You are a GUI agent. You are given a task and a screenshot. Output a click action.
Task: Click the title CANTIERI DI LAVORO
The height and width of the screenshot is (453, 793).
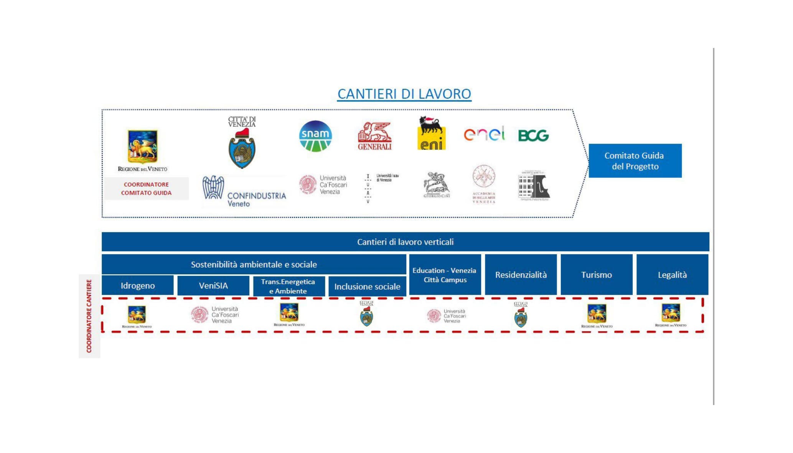pos(404,94)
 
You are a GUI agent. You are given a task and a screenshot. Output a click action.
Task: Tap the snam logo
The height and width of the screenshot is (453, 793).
pos(315,136)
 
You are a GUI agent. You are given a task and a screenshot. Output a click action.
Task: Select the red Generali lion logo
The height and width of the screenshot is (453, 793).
pos(374,136)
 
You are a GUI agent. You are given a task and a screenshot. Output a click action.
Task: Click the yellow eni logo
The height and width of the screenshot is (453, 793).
pos(432,133)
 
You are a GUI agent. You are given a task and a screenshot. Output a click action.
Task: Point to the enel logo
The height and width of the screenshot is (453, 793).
pos(484,134)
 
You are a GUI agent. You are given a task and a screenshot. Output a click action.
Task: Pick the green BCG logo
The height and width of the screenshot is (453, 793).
pos(533,135)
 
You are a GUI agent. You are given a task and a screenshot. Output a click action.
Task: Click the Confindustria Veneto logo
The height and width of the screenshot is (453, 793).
pos(244,191)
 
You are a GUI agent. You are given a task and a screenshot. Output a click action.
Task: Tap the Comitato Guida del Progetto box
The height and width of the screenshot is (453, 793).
pos(635,161)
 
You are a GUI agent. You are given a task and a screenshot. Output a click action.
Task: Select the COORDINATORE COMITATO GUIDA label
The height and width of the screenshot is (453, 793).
pos(146,189)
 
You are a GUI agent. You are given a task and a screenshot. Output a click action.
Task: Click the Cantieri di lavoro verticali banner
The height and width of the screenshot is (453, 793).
pos(405,242)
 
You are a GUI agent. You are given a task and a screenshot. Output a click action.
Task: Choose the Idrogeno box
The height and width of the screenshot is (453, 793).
pos(137,286)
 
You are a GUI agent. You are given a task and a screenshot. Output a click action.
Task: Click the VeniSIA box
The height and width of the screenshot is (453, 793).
pos(213,286)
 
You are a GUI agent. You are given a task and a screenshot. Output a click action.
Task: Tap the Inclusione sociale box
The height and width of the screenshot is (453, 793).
pos(367,287)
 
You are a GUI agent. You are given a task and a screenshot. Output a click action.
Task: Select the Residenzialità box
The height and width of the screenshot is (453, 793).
pos(521,275)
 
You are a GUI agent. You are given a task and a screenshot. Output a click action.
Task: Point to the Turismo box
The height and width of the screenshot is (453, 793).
pos(596,275)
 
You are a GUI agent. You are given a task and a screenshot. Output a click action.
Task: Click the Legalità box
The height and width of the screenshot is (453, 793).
pos(672,275)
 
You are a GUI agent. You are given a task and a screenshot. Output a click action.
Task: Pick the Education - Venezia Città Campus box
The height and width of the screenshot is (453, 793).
pos(445,275)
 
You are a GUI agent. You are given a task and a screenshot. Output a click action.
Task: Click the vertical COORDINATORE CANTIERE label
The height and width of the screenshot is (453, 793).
pos(89,316)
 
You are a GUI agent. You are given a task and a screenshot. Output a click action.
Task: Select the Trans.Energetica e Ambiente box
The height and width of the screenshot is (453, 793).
pos(289,287)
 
